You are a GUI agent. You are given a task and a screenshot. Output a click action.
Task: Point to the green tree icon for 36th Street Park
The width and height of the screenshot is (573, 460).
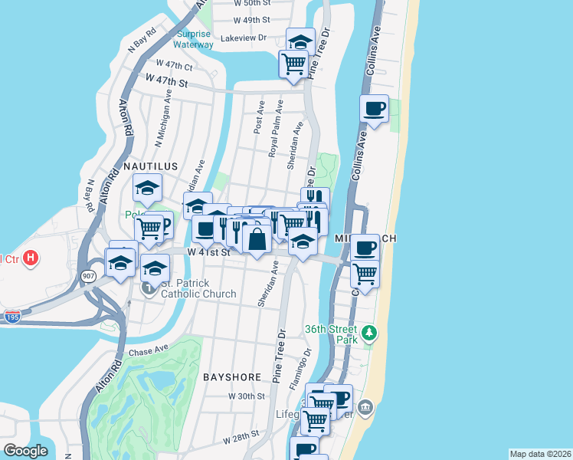coord(371,332)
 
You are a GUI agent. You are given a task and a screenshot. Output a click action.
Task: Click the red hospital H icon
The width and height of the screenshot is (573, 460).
coord(30,258)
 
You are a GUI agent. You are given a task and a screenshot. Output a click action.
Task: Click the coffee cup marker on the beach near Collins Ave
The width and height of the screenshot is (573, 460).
coord(374,109)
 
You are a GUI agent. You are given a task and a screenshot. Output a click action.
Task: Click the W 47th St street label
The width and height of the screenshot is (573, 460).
coord(166,80)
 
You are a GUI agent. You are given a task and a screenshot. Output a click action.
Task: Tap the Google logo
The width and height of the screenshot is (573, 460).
coord(25,451)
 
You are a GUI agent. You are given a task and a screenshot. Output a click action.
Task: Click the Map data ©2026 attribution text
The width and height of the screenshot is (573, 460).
coord(540,454)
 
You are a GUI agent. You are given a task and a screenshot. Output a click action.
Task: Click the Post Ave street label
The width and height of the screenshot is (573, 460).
coord(260,116)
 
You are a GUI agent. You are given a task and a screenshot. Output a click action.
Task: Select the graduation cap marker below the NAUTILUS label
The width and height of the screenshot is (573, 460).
coord(148,187)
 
